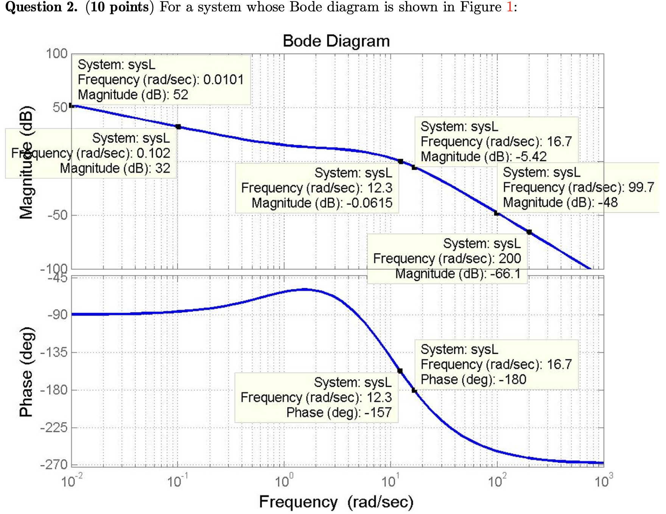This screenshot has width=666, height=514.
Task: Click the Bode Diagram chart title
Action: pyautogui.click(x=336, y=41)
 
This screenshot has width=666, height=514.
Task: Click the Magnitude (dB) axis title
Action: pyautogui.click(x=26, y=163)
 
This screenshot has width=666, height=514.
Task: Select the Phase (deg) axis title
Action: pyautogui.click(x=26, y=372)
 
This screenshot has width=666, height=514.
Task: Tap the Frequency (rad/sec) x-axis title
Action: pyautogui.click(x=336, y=502)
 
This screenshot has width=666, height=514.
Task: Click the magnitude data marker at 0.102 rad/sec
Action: pyautogui.click(x=178, y=127)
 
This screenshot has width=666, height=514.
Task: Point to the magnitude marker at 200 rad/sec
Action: pyautogui.click(x=529, y=232)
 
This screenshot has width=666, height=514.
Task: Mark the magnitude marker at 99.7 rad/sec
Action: pyautogui.click(x=497, y=213)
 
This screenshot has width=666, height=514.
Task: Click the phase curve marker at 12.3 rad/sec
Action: pyautogui.click(x=400, y=371)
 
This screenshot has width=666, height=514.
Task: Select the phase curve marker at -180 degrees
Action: pyautogui.click(x=414, y=391)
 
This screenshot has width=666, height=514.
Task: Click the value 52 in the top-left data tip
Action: pyautogui.click(x=181, y=95)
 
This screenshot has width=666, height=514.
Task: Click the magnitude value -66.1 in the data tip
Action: pyautogui.click(x=505, y=274)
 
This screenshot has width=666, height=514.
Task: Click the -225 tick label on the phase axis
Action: pyautogui.click(x=54, y=428)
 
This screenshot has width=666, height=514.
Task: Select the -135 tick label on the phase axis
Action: pyautogui.click(x=54, y=352)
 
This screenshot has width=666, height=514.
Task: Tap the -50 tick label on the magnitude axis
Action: pyautogui.click(x=57, y=215)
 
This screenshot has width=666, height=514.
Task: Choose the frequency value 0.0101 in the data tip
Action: pyautogui.click(x=223, y=80)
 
